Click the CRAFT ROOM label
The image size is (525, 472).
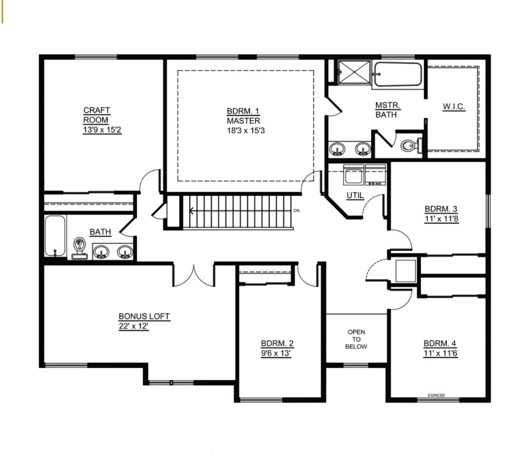pyautogui.click(x=96, y=115)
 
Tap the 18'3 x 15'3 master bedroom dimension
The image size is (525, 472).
pyautogui.click(x=246, y=130)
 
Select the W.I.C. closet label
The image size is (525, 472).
pyautogui.click(x=454, y=107)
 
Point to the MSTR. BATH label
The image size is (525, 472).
pyautogui.click(x=388, y=110)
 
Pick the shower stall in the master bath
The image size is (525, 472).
pyautogui.click(x=354, y=72)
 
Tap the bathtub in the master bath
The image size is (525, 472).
pyautogui.click(x=397, y=74)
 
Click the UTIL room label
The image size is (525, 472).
pyautogui.click(x=355, y=195)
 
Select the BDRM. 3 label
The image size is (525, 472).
pyautogui.click(x=440, y=209)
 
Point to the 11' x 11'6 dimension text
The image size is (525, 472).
pyautogui.click(x=440, y=353)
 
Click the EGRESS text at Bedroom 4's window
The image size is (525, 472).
pyautogui.click(x=436, y=395)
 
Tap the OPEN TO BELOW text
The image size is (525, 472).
pyautogui.click(x=356, y=339)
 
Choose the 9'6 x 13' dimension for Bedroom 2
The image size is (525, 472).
pyautogui.click(x=275, y=353)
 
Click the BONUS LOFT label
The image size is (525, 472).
pyautogui.click(x=144, y=316)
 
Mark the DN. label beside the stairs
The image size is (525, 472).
pyautogui.click(x=297, y=211)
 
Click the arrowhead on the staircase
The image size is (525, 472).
pyautogui.click(x=192, y=211)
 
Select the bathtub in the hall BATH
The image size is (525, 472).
pyautogui.click(x=55, y=235)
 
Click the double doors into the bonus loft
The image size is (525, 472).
pyautogui.click(x=193, y=276)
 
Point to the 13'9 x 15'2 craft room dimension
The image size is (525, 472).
pyautogui.click(x=102, y=130)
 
